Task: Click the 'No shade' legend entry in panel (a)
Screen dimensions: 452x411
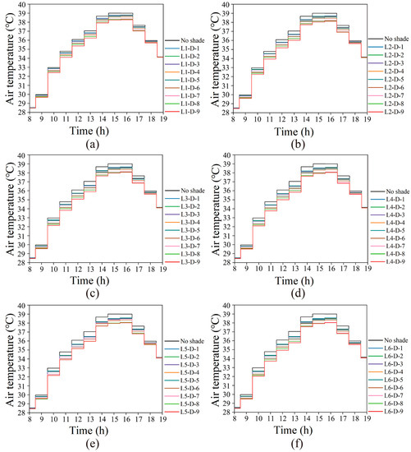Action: [x=185, y=39]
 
